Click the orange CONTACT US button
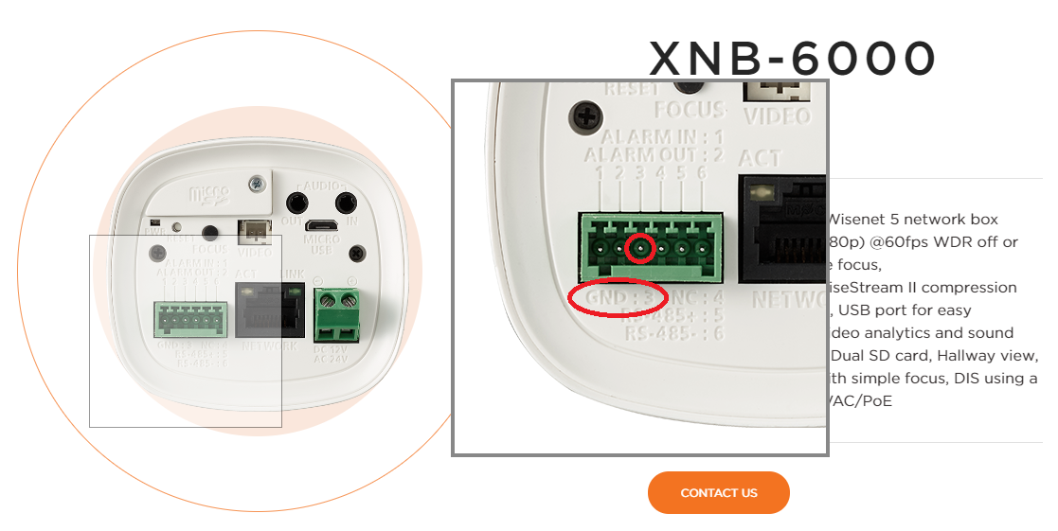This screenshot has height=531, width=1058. point(718,492)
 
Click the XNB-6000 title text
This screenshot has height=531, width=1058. point(792,59)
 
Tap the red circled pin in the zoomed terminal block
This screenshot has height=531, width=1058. point(641,248)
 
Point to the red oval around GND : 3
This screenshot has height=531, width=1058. point(617,297)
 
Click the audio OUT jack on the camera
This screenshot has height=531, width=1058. point(298,202)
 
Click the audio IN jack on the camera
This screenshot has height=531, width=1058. point(346,202)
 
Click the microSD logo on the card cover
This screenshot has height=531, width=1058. point(209,195)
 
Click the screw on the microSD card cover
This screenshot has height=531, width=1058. point(256,183)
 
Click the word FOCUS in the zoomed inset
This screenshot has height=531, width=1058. point(690,109)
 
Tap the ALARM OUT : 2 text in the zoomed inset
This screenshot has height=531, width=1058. point(654,155)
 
